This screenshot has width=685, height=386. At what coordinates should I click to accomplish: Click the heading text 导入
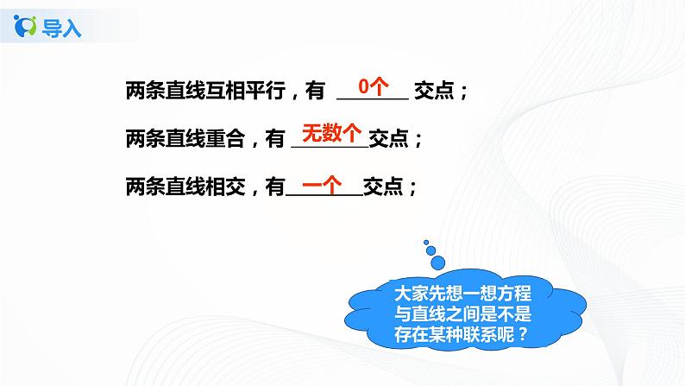click(x=64, y=28)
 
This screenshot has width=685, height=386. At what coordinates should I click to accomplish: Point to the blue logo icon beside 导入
click(x=28, y=26)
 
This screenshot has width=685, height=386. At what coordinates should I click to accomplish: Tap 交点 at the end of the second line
click(x=388, y=138)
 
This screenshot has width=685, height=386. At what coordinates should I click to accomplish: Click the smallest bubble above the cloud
click(x=427, y=243)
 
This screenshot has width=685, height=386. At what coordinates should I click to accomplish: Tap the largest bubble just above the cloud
click(x=440, y=263)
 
